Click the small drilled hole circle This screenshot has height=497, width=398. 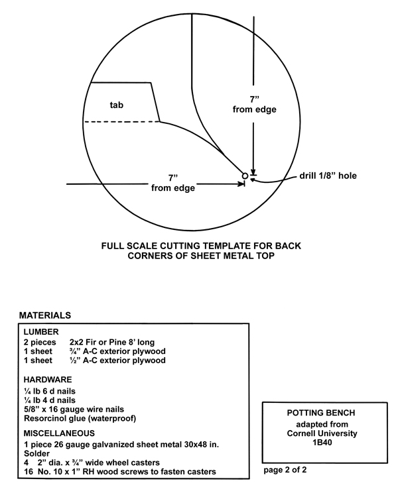pos(245,176)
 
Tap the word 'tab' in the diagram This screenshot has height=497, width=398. pos(117,105)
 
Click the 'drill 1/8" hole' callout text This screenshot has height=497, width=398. pos(328,176)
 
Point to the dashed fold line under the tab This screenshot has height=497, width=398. pos(121,121)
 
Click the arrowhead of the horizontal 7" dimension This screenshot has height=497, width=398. pos(241,184)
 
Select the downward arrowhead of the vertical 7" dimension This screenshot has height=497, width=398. pos(253,171)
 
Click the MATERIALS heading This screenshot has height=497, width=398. pos(45,315)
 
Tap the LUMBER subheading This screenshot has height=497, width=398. pos(41,332)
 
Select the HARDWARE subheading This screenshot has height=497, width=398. pos(48,380)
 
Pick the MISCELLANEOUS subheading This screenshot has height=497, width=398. pos(59,433)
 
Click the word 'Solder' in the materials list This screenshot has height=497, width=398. pos(37,453)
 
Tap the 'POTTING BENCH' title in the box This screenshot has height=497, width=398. pos(321,413)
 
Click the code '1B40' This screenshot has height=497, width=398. pos(322,442)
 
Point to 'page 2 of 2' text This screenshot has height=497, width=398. pos(285,470)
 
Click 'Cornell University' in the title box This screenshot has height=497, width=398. pos(322,433)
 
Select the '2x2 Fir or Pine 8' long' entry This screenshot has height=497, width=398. pos(112,343)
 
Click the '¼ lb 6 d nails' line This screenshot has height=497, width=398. pos(50,391)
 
